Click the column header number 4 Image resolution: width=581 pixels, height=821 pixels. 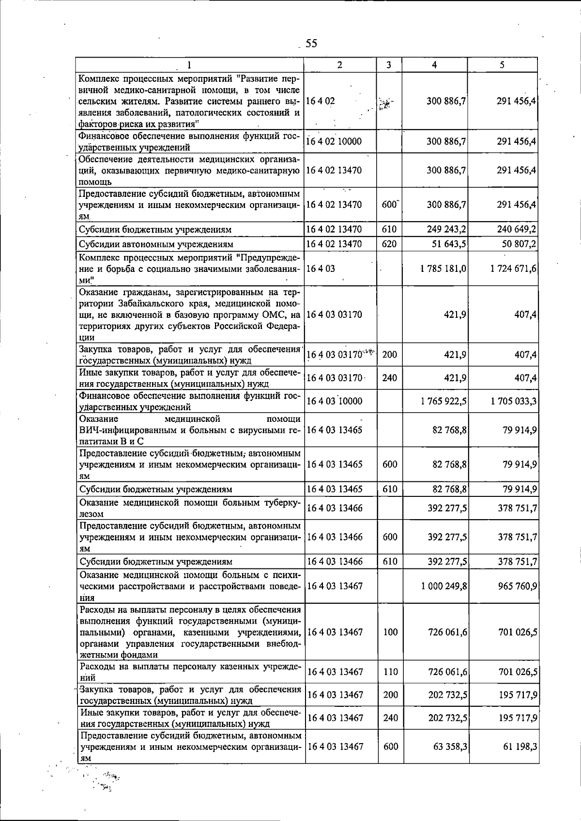[435, 65]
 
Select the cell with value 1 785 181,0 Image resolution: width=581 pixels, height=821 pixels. [443, 268]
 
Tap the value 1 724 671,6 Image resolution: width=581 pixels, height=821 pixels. [513, 268]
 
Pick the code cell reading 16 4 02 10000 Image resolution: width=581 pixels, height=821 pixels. [334, 141]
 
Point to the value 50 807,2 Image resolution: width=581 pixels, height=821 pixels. [519, 244]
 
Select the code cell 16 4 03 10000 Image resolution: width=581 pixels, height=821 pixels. [334, 401]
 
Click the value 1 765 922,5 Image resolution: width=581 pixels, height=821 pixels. [443, 401]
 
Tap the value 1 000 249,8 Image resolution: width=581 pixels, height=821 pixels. [443, 586]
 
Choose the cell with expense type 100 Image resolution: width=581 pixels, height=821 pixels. [390, 632]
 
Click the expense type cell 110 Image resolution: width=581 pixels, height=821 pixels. [390, 672]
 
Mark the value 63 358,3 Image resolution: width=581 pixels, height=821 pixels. [450, 746]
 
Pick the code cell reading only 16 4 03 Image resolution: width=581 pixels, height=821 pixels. [321, 268]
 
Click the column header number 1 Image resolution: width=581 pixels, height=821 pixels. [189, 65]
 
